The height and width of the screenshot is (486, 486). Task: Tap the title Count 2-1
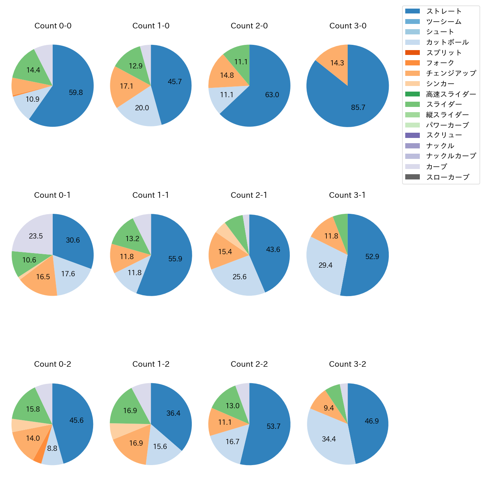249,195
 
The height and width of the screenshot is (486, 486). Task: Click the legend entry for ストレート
444,11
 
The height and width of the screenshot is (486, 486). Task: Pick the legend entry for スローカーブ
447,177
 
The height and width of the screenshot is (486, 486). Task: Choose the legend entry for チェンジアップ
451,73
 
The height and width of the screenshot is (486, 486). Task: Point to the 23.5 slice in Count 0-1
36,236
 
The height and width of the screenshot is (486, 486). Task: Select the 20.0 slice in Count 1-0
142,108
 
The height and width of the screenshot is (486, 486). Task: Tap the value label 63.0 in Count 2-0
272,95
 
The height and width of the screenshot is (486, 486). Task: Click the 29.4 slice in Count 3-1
326,265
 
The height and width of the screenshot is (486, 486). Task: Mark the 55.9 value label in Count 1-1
175,259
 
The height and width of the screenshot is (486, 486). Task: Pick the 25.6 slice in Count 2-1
240,277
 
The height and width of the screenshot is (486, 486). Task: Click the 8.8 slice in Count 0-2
52,449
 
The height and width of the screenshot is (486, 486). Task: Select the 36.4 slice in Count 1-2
173,413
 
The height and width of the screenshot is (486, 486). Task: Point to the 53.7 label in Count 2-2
273,427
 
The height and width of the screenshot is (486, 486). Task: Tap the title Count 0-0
53,26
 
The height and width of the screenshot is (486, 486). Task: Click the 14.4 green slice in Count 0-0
33,70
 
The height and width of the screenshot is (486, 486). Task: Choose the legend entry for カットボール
447,42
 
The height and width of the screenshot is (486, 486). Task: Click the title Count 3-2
347,364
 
